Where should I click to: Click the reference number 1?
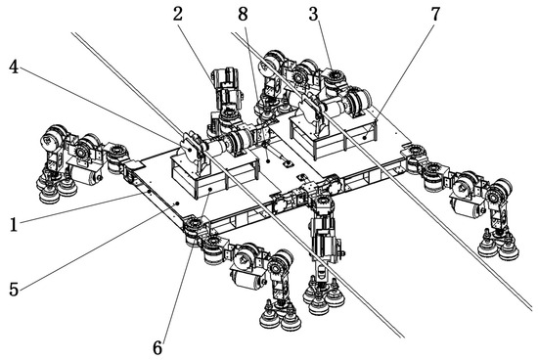click(x=14, y=225)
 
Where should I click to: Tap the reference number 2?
click(x=177, y=14)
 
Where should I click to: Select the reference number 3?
click(x=313, y=14)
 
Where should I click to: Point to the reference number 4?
click(x=14, y=67)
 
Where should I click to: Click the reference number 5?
click(x=14, y=290)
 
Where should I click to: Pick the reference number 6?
click(x=157, y=348)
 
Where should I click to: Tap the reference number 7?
click(x=435, y=14)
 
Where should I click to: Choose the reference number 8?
click(x=243, y=14)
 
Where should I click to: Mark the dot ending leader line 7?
click(x=365, y=137)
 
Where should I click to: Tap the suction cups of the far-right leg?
click(x=499, y=246)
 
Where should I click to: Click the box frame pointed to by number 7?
click(x=333, y=135)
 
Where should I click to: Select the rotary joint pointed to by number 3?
click(x=334, y=79)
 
